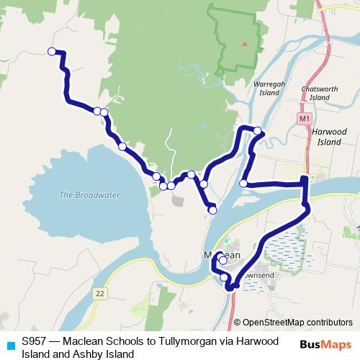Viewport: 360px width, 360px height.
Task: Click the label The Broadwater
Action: (x=90, y=195)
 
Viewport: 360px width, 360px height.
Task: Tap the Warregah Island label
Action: (x=267, y=89)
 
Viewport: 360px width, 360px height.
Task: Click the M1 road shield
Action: (x=303, y=117)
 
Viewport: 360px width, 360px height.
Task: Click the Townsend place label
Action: (x=259, y=275)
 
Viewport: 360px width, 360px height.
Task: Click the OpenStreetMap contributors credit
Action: (x=297, y=322)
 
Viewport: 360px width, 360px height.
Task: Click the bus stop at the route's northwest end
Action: (x=51, y=50)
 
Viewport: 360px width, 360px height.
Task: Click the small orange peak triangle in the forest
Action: (x=245, y=43)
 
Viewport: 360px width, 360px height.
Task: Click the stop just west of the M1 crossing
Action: (x=243, y=184)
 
